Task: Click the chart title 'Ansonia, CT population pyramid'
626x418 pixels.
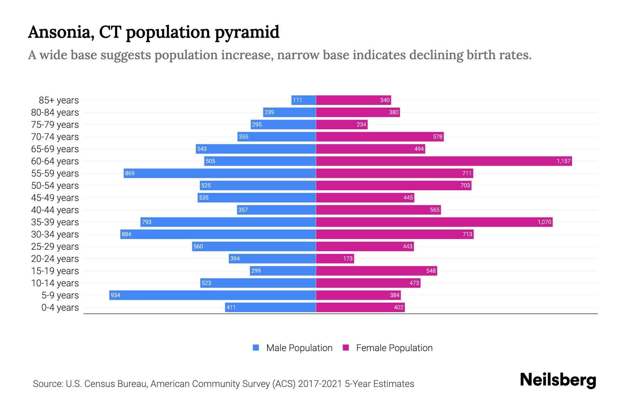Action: pos(153,32)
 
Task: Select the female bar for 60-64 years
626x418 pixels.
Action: pos(444,161)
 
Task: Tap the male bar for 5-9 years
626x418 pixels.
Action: pos(212,295)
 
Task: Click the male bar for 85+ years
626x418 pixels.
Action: pos(304,100)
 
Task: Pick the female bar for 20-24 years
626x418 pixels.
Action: pos(335,258)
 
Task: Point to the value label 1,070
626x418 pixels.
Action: pos(544,222)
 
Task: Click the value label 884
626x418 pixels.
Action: pos(127,234)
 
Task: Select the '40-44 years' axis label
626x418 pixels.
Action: pos(55,210)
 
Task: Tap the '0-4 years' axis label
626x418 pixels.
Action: pos(60,307)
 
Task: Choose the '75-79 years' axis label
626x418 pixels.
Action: pos(55,124)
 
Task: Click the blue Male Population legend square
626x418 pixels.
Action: pos(256,348)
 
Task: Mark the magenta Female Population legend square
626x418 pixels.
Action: pos(346,348)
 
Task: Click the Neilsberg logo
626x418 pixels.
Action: pos(558,380)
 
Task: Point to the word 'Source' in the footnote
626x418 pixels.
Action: pos(47,384)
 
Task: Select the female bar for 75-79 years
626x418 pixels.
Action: pos(342,124)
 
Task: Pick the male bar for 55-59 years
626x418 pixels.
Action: pos(220,173)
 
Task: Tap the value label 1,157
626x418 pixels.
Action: pos(563,161)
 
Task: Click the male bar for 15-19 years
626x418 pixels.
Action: pos(283,271)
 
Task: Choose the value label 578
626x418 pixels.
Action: pos(438,137)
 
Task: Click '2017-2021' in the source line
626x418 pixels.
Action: pos(320,384)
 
